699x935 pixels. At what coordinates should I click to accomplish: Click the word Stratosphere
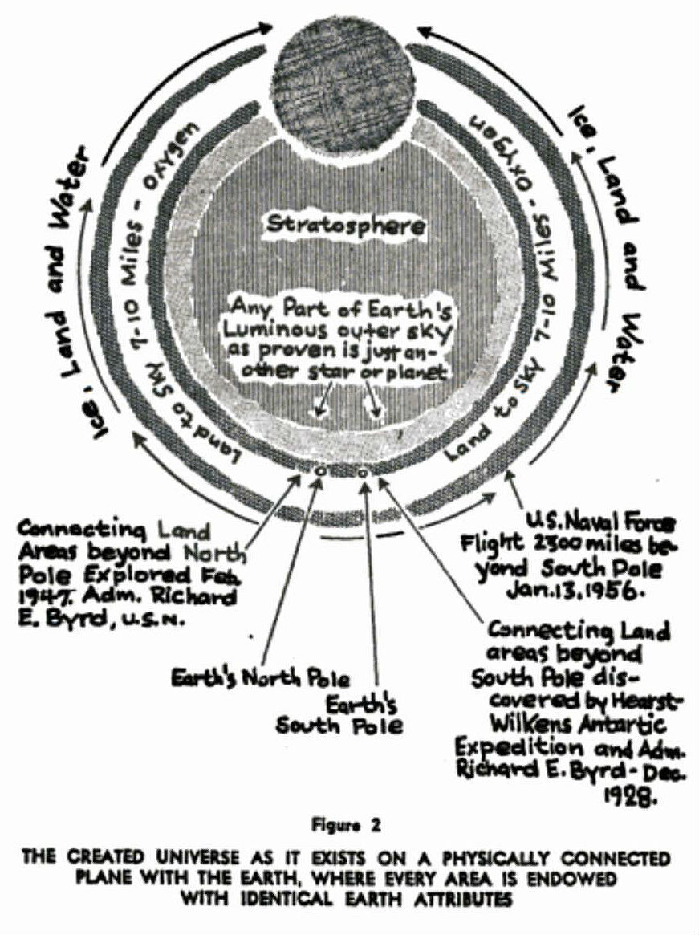click(346, 226)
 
